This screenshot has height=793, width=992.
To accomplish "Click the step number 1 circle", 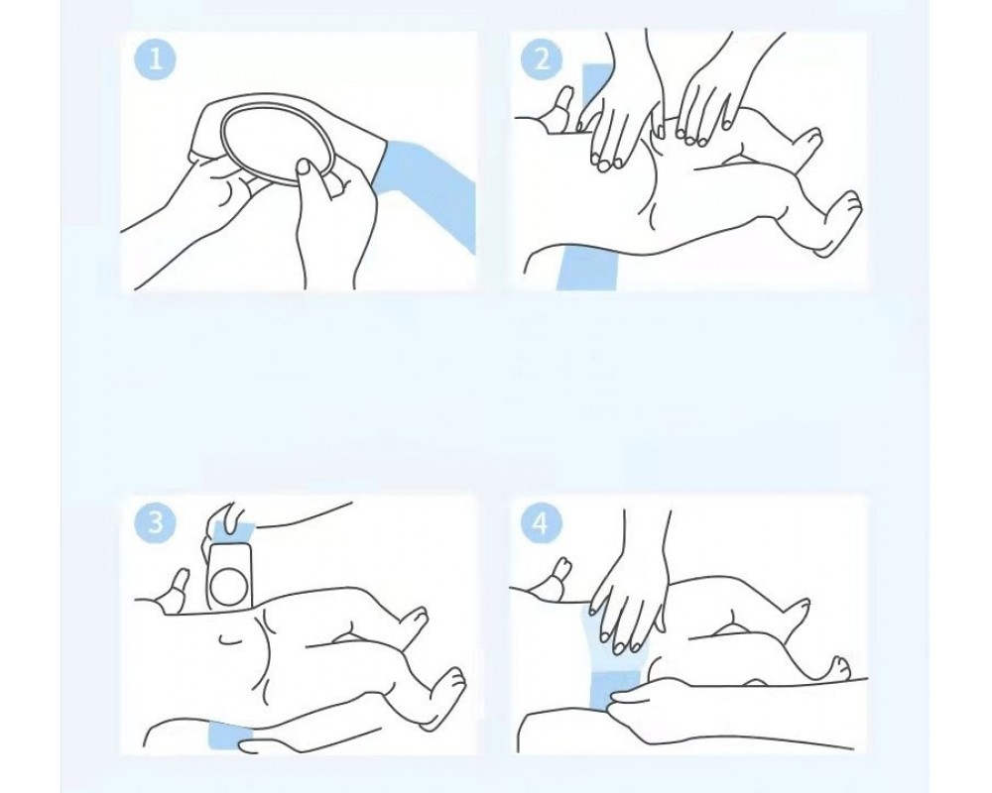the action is click(x=156, y=60).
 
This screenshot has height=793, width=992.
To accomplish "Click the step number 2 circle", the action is click(x=542, y=60).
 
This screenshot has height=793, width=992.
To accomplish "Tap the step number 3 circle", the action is click(x=156, y=523).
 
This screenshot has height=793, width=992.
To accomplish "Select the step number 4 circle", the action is click(x=542, y=523).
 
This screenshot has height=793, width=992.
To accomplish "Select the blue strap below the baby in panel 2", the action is click(x=586, y=268).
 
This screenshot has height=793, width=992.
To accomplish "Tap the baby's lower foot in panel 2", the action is click(x=837, y=223).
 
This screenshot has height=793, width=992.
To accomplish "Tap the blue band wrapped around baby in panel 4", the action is click(x=607, y=657).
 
